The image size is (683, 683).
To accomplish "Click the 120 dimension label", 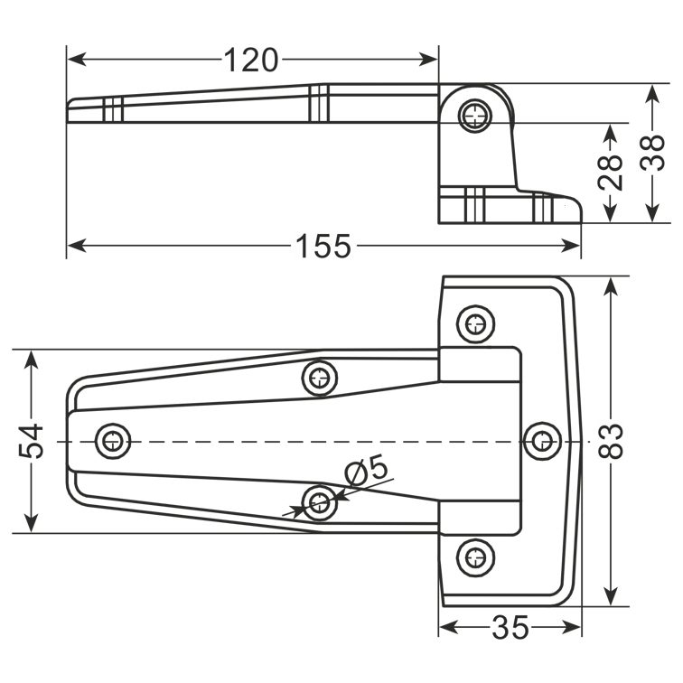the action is click(x=251, y=61).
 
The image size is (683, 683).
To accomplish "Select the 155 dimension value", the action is click(x=323, y=246).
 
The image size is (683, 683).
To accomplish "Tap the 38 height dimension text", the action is click(x=652, y=153).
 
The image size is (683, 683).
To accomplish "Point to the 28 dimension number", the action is click(x=610, y=172).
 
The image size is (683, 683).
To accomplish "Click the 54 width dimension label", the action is click(x=32, y=441).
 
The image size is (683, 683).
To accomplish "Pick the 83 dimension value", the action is click(x=611, y=441).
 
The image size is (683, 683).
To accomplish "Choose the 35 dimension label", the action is click(x=510, y=628).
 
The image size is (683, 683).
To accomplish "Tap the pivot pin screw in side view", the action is click(x=475, y=116).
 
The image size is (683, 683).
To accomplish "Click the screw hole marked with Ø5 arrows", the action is click(x=320, y=502).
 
